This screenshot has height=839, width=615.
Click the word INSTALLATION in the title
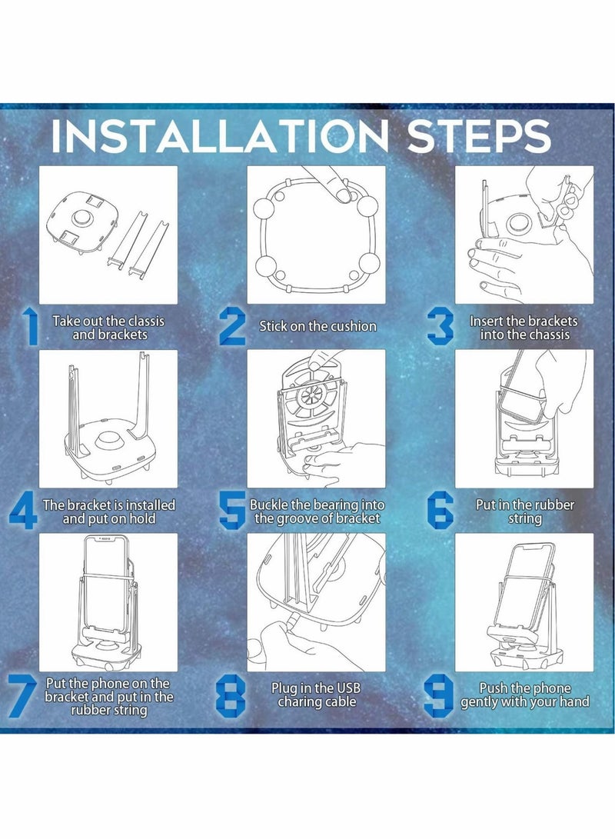point(219,136)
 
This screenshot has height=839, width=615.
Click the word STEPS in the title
point(479,136)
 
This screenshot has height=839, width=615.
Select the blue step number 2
point(232,326)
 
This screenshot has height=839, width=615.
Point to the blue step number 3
point(440,327)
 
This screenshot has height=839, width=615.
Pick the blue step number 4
point(24,511)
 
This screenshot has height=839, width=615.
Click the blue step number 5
point(233,511)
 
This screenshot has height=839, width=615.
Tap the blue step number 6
point(440,511)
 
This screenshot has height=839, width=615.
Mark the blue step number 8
point(231,695)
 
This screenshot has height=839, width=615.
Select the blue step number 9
point(439,696)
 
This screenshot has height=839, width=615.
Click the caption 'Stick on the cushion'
point(317,326)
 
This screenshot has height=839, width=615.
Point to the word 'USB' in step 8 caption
point(347,688)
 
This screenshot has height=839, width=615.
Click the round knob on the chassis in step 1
point(82,218)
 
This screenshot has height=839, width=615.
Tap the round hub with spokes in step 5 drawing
point(310,397)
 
